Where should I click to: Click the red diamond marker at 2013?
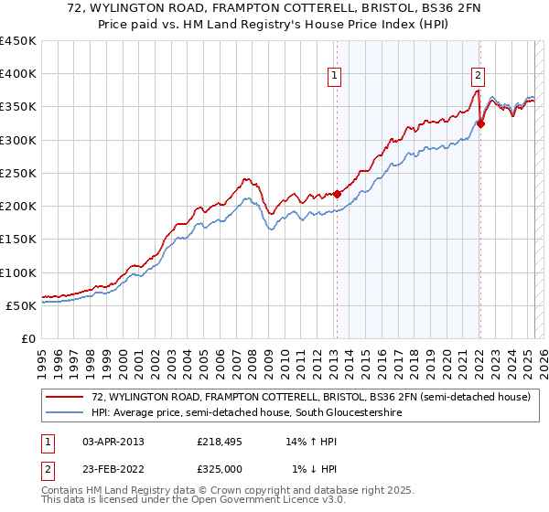point(337,194)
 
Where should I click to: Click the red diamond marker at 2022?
point(480,123)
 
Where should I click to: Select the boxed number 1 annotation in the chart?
point(335,77)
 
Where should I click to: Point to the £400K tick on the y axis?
point(18,74)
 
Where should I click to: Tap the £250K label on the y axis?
point(18,173)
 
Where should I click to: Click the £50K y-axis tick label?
point(22,305)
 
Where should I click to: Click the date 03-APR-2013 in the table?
point(113,441)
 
